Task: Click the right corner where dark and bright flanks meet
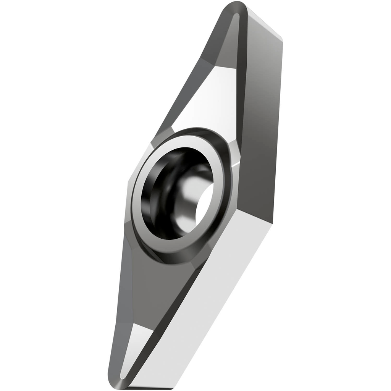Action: [x=272, y=221]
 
